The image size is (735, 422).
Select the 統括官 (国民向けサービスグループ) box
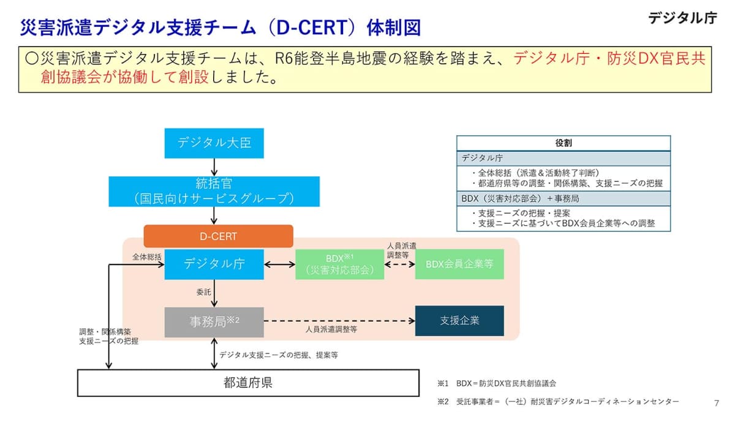click(x=214, y=191)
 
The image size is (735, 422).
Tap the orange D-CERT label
click(x=218, y=236)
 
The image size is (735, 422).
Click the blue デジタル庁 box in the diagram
click(x=214, y=264)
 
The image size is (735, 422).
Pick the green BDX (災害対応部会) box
click(x=339, y=264)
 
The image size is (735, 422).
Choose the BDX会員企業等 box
click(x=459, y=264)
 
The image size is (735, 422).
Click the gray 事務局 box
click(x=214, y=322)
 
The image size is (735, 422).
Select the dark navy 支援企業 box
click(x=459, y=321)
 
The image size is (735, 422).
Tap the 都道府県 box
click(x=248, y=383)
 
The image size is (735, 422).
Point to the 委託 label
click(x=203, y=293)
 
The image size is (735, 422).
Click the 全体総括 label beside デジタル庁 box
click(x=147, y=257)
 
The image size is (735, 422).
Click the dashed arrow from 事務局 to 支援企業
click(x=339, y=321)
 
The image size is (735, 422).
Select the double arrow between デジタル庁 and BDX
click(x=279, y=265)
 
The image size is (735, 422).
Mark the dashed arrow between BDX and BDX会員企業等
click(x=399, y=265)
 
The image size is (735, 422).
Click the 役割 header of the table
click(x=563, y=143)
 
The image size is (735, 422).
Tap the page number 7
click(x=717, y=403)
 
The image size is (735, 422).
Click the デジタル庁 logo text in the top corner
click(x=682, y=18)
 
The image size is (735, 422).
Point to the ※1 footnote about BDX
click(x=497, y=383)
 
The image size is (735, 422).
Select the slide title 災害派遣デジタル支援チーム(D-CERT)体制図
click(x=221, y=28)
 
